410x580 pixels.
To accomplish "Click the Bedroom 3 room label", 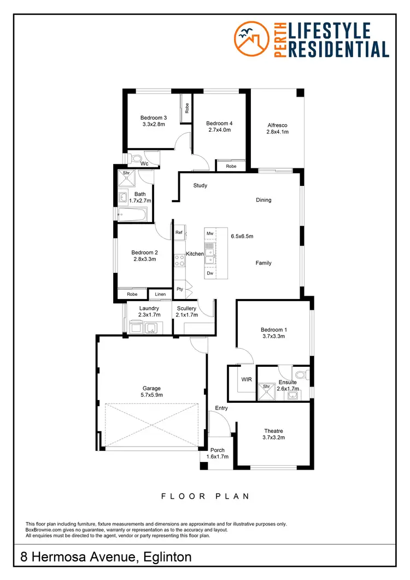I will (x=153, y=118).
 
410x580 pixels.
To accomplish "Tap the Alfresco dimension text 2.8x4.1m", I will (x=277, y=132).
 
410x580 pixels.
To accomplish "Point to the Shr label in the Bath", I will (x=126, y=173).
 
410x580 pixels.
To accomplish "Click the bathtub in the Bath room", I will (x=133, y=214).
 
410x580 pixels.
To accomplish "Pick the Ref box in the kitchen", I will (x=179, y=233).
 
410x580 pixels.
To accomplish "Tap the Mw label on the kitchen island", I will (x=210, y=233).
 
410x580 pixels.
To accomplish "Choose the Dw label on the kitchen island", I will (x=210, y=273).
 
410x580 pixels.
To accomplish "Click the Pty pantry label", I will (x=179, y=289).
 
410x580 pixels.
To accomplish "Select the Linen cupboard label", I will (x=160, y=295).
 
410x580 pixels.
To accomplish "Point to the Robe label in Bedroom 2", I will (x=132, y=295).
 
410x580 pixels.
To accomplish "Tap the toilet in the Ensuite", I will (x=306, y=374).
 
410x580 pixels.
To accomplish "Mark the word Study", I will (x=200, y=185).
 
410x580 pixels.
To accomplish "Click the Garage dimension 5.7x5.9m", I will (x=152, y=395).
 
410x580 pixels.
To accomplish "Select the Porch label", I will (x=217, y=450).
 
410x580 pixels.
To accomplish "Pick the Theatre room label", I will (x=274, y=430).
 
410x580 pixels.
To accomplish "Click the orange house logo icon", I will (x=251, y=39).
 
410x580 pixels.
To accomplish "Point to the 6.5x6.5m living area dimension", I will (x=242, y=236).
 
